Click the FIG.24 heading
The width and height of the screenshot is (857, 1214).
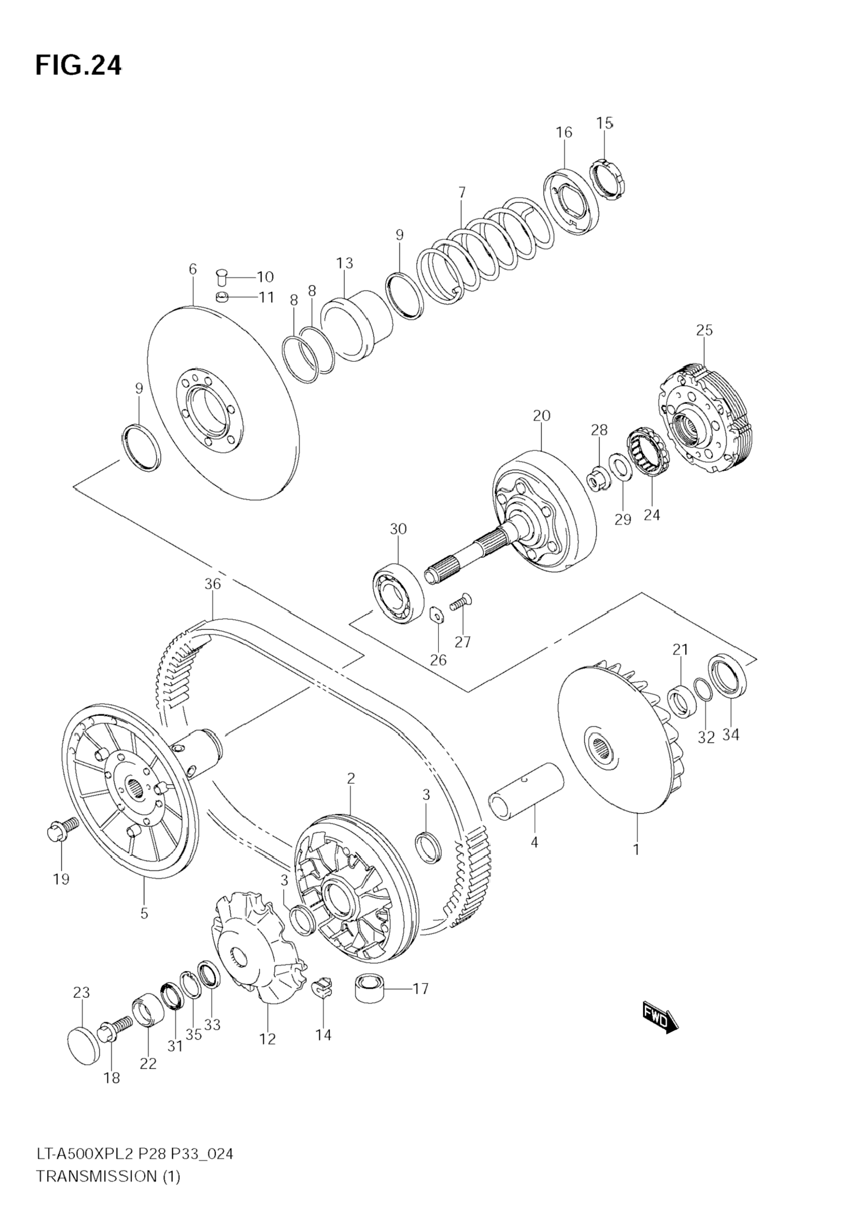click(78, 66)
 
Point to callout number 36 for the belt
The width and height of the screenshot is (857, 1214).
click(212, 584)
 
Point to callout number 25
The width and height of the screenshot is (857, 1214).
click(704, 330)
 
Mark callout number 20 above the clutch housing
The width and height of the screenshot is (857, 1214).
click(541, 415)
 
